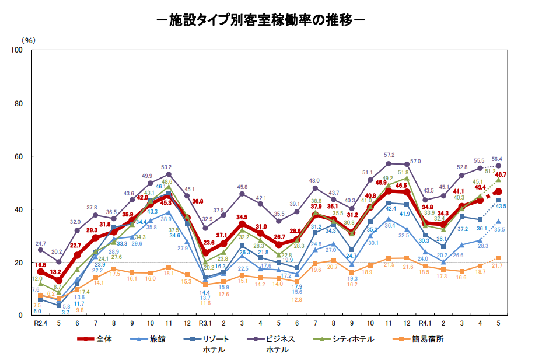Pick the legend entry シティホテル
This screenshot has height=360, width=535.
[354, 339]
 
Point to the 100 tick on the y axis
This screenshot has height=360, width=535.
[18, 50]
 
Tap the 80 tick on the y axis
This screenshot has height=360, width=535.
[19, 103]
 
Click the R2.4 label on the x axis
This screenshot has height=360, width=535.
[40, 323]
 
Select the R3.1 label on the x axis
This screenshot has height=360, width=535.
[205, 323]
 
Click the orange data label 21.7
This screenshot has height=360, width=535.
[500, 266]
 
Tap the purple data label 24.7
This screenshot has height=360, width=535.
[40, 243]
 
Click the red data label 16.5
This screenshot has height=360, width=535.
[40, 265]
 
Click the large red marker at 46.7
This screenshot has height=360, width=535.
[498, 192]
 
